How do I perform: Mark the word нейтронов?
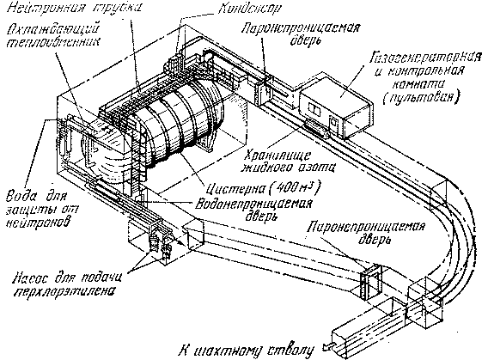point(37,220)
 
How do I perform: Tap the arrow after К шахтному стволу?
point(322,348)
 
